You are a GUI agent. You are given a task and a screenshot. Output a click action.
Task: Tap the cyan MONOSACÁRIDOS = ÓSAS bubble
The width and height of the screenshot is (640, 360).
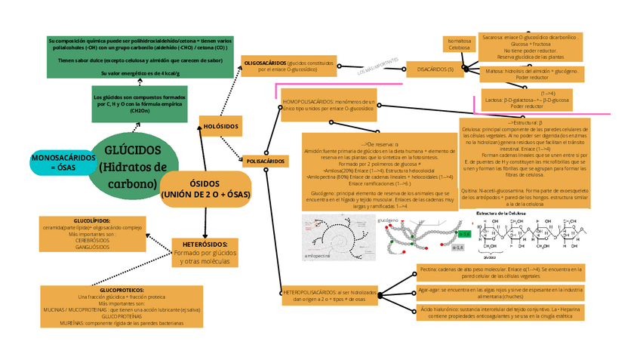coord(63,162)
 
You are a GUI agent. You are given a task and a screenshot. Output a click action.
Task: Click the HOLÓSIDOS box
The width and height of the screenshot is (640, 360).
coord(220,125)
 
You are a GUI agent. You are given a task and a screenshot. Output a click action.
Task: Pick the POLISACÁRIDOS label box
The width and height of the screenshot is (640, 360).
coord(266,161)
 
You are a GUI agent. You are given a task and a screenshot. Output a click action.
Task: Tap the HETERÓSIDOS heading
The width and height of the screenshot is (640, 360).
coord(205,245)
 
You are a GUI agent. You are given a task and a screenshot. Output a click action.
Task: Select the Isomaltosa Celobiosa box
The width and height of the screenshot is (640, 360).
coord(460,44)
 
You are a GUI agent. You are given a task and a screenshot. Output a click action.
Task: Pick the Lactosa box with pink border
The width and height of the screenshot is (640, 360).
coord(528,100)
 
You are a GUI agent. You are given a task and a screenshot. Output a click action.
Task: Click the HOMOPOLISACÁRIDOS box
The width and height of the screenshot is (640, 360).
coord(328,104)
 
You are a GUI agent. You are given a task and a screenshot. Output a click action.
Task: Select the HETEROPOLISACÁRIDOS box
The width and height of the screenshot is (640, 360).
coord(329,295)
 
